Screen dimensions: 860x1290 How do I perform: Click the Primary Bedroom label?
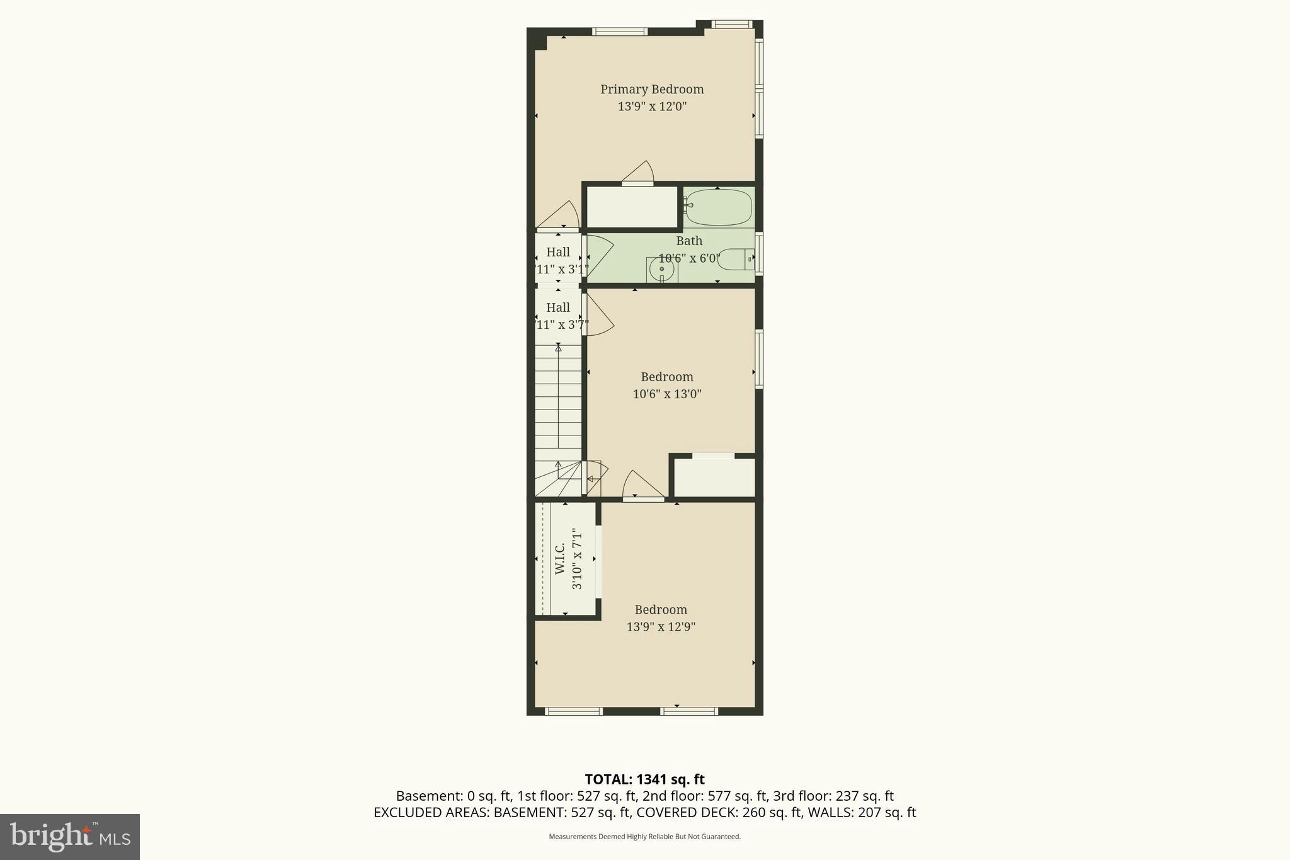pos(651,89)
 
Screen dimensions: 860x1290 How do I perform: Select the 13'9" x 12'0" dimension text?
pos(651,106)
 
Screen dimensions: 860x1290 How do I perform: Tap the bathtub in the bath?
pos(719,207)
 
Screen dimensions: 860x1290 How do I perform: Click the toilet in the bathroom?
pos(734,259)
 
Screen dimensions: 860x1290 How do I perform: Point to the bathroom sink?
pos(661,270)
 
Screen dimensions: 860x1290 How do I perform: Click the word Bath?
pos(688,241)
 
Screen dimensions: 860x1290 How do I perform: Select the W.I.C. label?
pos(560,558)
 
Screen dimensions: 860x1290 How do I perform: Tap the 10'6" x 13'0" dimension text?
pos(666,394)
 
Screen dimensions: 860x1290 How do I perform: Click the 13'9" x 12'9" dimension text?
pos(660,627)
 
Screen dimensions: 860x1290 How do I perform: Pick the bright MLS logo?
pos(70,837)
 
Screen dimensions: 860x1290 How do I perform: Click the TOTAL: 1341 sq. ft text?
pos(644,779)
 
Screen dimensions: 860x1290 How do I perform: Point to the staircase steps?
pos(558,403)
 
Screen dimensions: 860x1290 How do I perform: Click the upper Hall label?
pos(557,252)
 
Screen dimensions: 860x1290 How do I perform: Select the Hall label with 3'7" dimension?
pos(557,307)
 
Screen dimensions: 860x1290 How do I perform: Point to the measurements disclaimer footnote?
pos(644,837)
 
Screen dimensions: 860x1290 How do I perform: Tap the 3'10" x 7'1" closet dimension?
pos(576,558)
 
